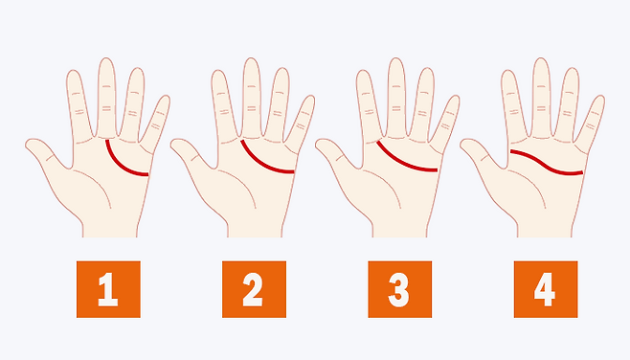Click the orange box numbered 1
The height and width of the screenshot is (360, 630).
point(108,289)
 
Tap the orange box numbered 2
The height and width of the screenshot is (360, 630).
point(254,289)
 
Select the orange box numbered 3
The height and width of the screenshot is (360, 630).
point(400,289)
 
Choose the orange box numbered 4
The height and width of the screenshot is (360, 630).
point(546,289)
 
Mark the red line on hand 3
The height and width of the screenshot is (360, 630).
point(403,163)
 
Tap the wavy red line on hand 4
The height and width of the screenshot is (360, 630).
point(547,164)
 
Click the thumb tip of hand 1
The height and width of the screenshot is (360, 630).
point(28,144)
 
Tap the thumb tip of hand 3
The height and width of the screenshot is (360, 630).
point(318,144)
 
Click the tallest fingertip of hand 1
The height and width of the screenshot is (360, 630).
point(106,58)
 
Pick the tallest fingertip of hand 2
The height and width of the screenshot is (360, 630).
point(252,58)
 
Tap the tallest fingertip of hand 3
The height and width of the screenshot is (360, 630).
point(396,58)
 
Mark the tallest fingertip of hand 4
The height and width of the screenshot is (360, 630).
point(541,58)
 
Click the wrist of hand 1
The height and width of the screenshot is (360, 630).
point(110,230)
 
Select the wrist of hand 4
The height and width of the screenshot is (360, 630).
point(545,230)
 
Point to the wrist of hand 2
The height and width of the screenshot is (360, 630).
point(255,230)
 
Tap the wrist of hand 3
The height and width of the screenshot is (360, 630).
point(400,230)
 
